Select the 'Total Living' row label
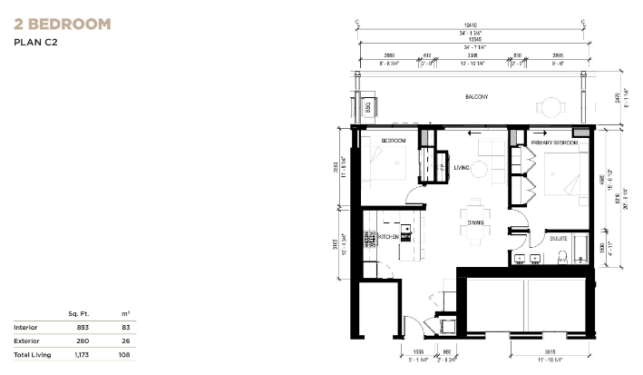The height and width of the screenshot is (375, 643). tap(32, 355)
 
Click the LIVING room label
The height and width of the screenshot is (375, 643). tap(461, 166)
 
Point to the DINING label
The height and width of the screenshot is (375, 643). tap(474, 222)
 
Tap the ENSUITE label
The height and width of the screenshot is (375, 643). tap(559, 239)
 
